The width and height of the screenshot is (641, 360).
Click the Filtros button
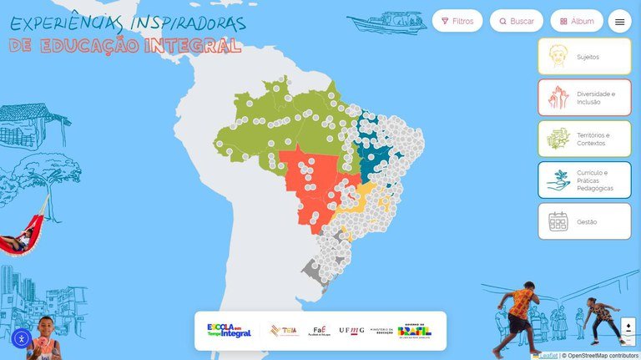[x=457, y=21]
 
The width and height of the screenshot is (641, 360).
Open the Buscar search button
[x=517, y=21]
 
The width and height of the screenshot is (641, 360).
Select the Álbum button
[x=576, y=21]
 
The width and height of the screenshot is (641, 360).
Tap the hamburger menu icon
[x=619, y=22]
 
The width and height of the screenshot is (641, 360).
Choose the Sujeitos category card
[x=584, y=57]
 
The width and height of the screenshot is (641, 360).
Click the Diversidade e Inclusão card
[x=584, y=98]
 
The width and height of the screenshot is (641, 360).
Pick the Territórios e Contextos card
[x=584, y=139]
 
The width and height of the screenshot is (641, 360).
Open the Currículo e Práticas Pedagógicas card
[x=584, y=180]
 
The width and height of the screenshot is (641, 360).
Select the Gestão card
[x=584, y=221]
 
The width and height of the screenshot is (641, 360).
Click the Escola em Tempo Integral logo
[x=229, y=331]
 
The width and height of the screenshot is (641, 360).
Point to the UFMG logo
[x=351, y=331]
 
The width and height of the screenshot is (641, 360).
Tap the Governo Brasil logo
[x=415, y=331]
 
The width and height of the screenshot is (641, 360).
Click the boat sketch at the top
[x=386, y=21]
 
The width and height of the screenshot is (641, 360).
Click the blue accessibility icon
[x=22, y=338]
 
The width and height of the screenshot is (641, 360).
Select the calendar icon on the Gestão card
[x=558, y=221]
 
